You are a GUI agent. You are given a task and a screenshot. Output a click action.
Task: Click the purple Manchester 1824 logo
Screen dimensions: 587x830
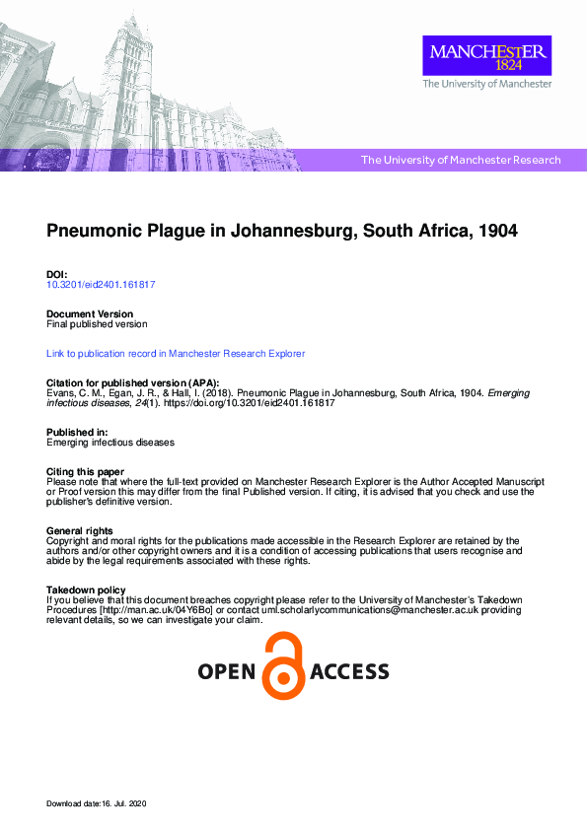pyautogui.click(x=486, y=56)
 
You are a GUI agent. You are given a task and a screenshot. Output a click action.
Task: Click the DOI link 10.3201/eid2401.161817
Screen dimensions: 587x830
pyautogui.click(x=101, y=284)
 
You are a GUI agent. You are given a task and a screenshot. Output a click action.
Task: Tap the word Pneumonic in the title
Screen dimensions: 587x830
pyautogui.click(x=96, y=233)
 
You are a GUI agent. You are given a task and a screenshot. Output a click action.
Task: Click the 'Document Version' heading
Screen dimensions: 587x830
pyautogui.click(x=90, y=313)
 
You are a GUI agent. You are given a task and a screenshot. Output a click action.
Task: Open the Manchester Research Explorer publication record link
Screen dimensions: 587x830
pyautogui.click(x=176, y=353)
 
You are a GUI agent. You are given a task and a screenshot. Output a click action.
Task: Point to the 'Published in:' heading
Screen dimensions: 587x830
pyautogui.click(x=78, y=433)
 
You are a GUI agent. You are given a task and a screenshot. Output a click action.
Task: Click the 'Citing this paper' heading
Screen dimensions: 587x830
pyautogui.click(x=86, y=472)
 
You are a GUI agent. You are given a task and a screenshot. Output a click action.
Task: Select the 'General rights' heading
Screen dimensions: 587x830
pyautogui.click(x=81, y=531)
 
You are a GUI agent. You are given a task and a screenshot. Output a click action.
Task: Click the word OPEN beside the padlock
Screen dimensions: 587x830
pyautogui.click(x=228, y=672)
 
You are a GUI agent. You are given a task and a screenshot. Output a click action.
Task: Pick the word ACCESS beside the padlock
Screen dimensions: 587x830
pyautogui.click(x=349, y=672)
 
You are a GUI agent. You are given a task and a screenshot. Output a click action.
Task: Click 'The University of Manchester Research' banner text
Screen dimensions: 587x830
pyautogui.click(x=461, y=160)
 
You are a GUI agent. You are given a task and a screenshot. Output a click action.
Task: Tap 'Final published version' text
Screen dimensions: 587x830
pyautogui.click(x=98, y=323)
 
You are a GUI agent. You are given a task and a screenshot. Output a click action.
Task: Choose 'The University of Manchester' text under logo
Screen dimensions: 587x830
pyautogui.click(x=487, y=85)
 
